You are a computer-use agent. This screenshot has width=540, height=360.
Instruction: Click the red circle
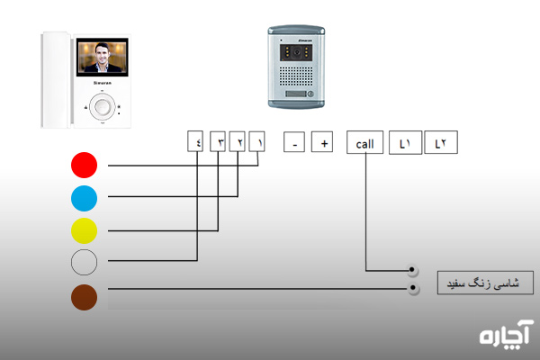[84, 165]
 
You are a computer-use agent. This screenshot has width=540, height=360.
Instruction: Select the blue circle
[84, 196]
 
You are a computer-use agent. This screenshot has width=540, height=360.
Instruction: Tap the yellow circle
[84, 229]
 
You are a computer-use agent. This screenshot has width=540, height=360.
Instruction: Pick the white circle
[84, 261]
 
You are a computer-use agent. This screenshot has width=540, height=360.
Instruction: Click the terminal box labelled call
[364, 142]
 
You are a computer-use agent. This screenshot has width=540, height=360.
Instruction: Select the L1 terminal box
[405, 142]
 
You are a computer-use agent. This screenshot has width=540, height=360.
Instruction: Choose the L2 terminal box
[440, 142]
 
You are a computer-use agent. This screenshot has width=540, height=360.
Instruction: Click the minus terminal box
[293, 142]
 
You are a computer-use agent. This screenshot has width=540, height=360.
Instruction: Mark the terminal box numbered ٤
[196, 141]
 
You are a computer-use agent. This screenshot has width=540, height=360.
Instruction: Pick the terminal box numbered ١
[258, 141]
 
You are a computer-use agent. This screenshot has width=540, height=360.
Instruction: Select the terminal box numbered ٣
[217, 141]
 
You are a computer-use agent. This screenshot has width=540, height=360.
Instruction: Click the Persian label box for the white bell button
[484, 283]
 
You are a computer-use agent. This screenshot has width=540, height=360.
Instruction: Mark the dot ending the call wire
[412, 271]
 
